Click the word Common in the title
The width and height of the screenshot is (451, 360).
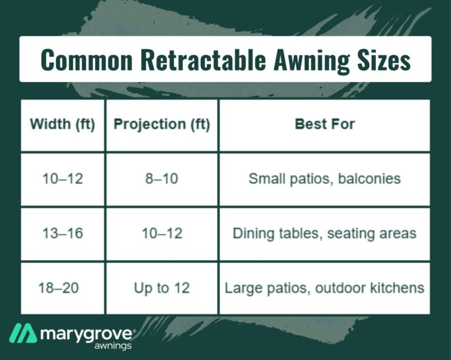pos(86,60)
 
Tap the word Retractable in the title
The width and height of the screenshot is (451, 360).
pos(203,60)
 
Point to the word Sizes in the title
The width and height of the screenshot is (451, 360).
pos(384,60)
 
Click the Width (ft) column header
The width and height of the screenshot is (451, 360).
pos(62,125)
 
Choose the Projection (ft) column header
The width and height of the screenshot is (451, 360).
pos(161,125)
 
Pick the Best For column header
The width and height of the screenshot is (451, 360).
pos(325,125)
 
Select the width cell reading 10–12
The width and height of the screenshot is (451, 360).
pos(62,179)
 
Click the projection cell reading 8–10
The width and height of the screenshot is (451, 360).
pos(161,179)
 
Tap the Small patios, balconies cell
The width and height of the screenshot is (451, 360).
pos(325,179)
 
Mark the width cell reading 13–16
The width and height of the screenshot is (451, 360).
pos(62,233)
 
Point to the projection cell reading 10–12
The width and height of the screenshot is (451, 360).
pos(161,233)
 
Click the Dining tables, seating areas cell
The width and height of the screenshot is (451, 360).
pos(325,234)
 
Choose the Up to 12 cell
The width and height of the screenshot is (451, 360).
pos(161,288)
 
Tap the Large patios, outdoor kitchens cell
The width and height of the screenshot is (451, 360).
pos(324,288)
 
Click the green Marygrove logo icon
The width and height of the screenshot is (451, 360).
pos(23,333)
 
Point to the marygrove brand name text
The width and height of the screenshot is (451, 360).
pos(86,335)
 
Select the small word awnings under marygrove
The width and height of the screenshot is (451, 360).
pos(113,346)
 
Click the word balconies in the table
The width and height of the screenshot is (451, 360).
pos(369,179)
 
